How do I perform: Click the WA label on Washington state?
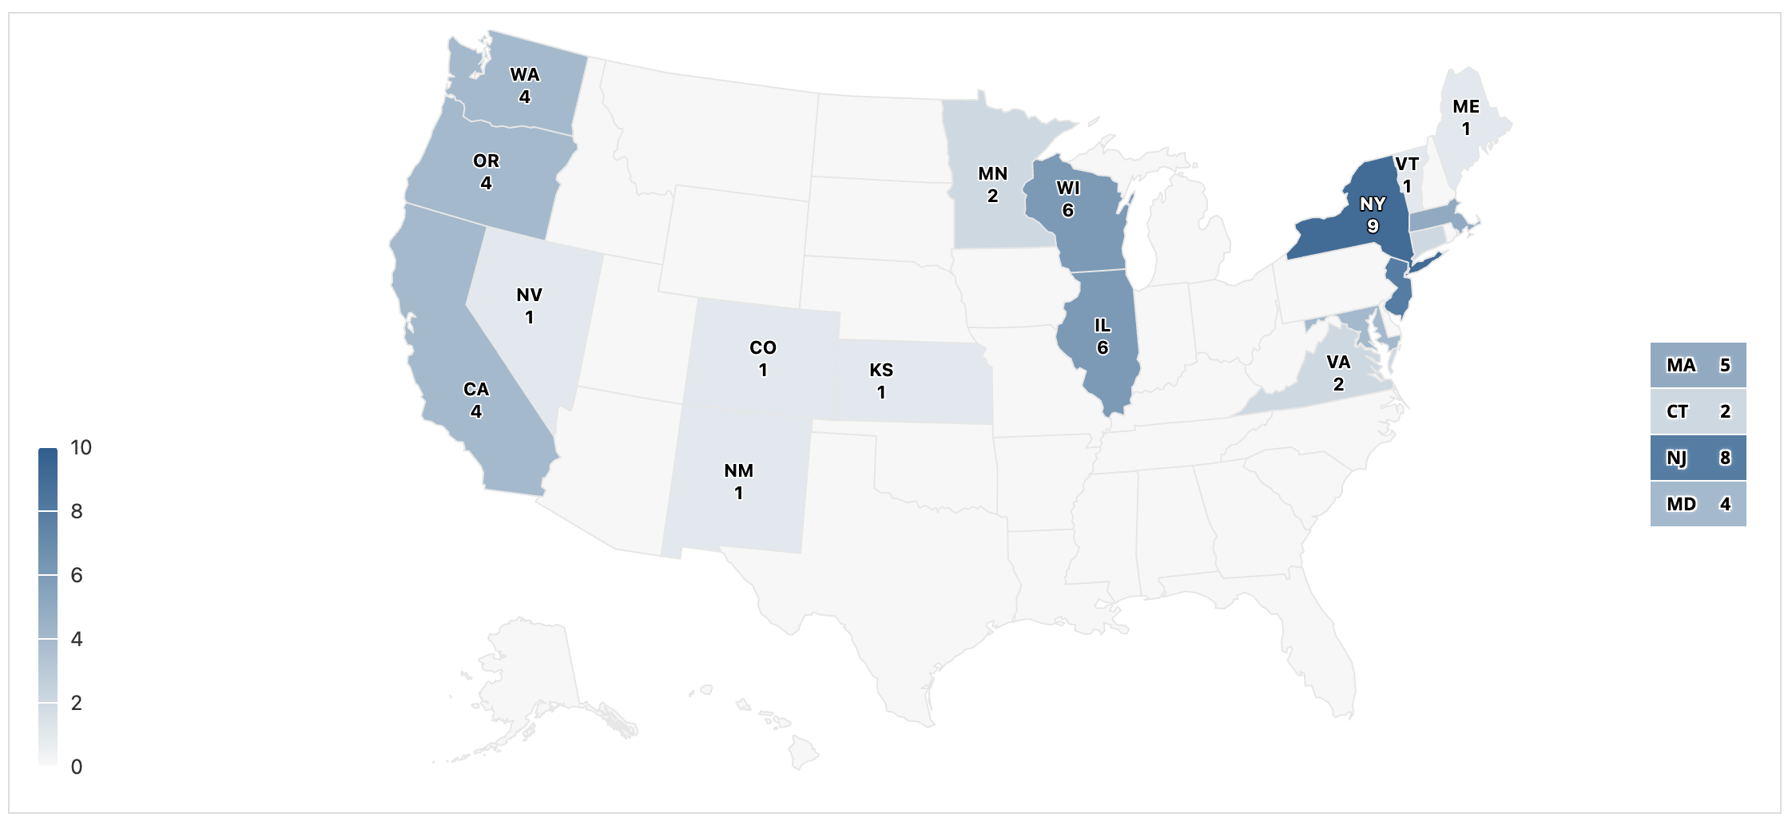click(525, 75)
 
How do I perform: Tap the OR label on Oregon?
click(486, 161)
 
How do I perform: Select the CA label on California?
click(476, 390)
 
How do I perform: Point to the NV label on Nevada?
click(529, 296)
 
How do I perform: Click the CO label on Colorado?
click(763, 348)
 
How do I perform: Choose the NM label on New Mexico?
click(739, 471)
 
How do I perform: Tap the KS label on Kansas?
click(881, 371)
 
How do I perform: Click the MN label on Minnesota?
click(993, 174)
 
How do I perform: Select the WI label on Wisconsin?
click(1068, 188)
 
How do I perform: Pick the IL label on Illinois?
click(1103, 326)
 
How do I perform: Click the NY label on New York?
click(1373, 204)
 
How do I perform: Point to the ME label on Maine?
click(1466, 107)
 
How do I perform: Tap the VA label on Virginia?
click(1339, 363)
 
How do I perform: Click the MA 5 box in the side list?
click(1698, 366)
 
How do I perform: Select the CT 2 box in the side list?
click(1698, 412)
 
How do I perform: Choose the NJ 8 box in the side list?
click(1698, 458)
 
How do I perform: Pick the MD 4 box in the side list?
click(1698, 505)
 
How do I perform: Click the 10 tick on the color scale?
click(81, 448)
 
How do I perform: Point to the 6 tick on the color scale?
click(77, 576)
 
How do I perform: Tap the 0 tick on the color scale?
click(77, 768)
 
